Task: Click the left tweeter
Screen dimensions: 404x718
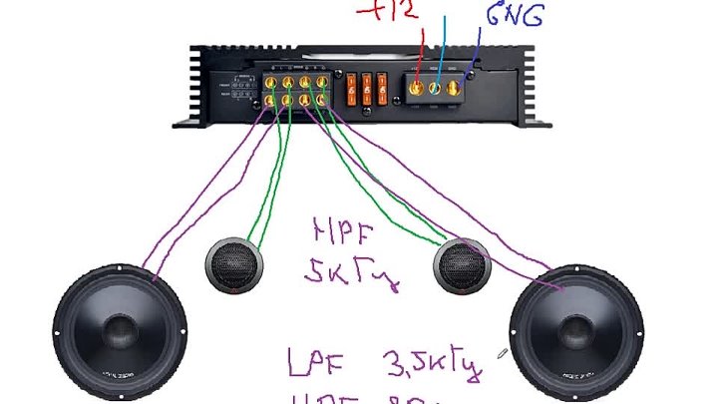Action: click(236, 266)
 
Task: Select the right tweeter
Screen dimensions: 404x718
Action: click(464, 266)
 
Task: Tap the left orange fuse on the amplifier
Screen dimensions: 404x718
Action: click(351, 86)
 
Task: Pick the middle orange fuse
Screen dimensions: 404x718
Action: click(368, 86)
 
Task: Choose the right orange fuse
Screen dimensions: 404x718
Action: click(385, 86)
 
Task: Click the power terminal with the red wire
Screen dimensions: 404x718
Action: click(417, 87)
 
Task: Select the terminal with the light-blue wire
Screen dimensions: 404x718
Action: click(435, 87)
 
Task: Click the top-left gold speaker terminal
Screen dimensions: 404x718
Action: click(271, 81)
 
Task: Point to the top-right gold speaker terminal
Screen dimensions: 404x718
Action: click(320, 81)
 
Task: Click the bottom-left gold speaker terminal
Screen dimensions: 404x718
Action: click(271, 99)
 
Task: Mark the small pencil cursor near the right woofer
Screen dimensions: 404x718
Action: click(504, 352)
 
